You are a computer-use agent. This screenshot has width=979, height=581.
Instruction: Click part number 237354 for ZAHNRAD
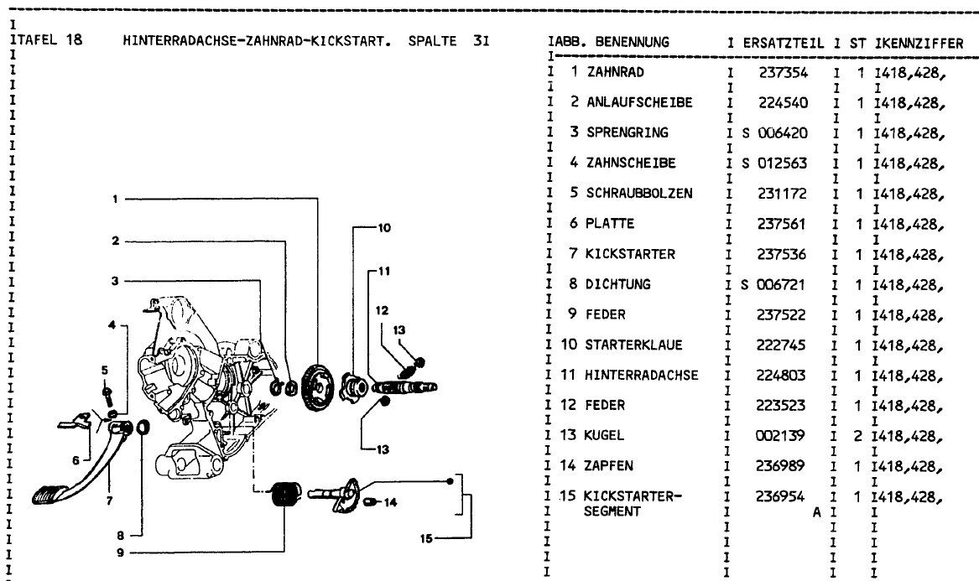click(x=783, y=72)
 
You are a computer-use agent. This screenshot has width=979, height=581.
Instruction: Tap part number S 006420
click(x=775, y=132)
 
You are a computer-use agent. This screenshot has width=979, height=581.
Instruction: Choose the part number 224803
click(x=783, y=375)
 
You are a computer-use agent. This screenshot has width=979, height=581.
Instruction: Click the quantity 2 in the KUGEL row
click(x=860, y=436)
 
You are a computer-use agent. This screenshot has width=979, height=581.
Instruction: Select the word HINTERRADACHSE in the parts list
click(x=642, y=375)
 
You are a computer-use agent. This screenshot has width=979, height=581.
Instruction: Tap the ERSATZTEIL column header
click(x=784, y=41)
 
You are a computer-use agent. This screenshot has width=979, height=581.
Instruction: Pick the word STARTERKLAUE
click(x=633, y=345)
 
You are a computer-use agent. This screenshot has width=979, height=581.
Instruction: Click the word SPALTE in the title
click(x=431, y=40)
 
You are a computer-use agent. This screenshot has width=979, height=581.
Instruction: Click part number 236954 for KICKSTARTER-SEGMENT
click(x=783, y=496)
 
